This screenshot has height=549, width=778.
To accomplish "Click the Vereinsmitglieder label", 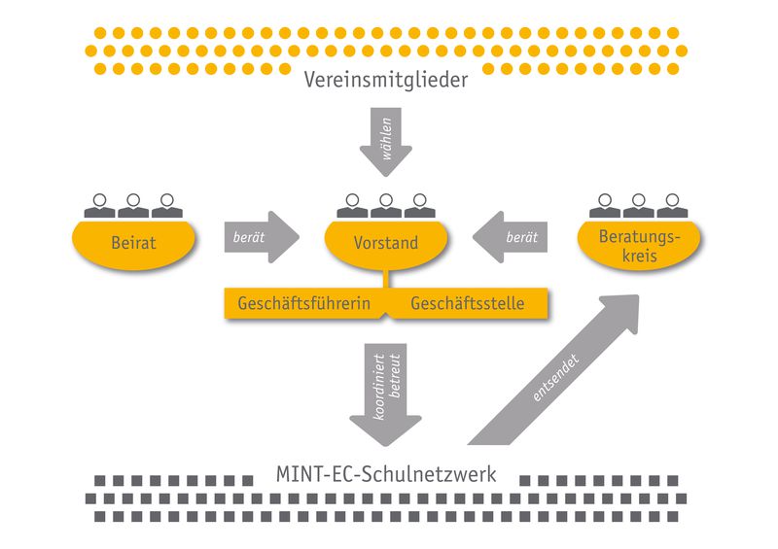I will (386, 80).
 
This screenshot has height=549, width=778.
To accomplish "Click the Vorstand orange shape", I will (386, 243).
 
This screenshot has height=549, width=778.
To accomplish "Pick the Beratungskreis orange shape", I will (637, 245).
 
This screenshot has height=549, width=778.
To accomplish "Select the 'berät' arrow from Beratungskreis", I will (510, 236).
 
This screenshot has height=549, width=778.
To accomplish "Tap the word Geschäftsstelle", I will (468, 304).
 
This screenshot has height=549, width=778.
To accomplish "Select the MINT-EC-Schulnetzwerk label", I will (386, 476).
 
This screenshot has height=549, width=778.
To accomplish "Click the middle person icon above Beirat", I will (133, 205).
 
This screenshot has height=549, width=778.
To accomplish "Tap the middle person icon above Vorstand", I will (386, 205).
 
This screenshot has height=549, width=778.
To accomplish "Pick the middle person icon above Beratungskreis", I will (638, 205).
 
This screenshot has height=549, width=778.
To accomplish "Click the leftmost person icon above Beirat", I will (100, 205).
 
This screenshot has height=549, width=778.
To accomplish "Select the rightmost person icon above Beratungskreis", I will (671, 205).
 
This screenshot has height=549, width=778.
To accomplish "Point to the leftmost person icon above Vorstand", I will (353, 205).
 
